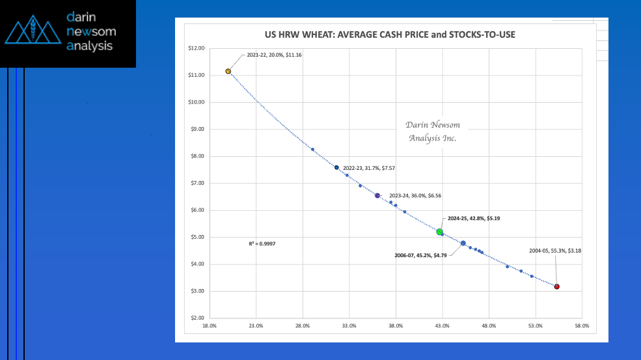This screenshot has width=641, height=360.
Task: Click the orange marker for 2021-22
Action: [x=228, y=71]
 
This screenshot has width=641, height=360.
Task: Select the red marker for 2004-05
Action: [x=557, y=286]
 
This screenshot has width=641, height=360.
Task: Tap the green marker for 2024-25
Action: [x=440, y=232]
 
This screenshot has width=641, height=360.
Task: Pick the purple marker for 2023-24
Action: [x=377, y=195]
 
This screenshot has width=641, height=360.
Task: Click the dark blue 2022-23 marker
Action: [x=336, y=167]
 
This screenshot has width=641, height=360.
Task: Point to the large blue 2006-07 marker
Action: [x=463, y=243]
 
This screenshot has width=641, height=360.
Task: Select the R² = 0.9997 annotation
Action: [x=262, y=243]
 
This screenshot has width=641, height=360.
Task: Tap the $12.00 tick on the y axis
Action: [x=195, y=48]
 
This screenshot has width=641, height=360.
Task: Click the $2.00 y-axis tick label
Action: [x=196, y=318]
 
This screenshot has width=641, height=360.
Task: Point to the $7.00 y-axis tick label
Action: [x=196, y=183]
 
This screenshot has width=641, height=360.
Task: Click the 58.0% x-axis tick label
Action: [x=582, y=326]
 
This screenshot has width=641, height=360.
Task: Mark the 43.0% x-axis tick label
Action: [x=442, y=326]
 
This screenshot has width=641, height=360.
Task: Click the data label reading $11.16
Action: [x=274, y=55]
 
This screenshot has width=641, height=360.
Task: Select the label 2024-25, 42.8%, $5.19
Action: [x=474, y=219]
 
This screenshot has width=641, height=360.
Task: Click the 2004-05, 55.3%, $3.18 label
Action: [x=554, y=251]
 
